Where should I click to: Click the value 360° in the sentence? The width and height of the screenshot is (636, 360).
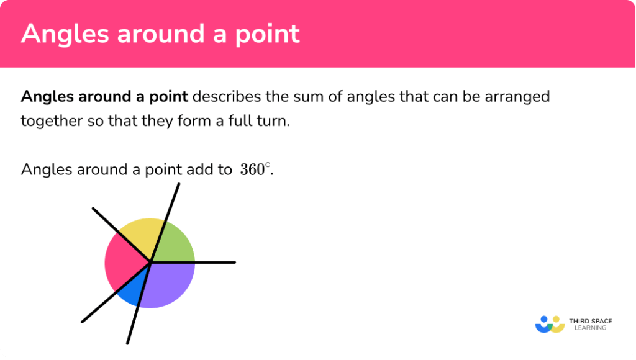(x=255, y=169)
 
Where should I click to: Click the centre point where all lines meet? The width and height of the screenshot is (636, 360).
(x=150, y=263)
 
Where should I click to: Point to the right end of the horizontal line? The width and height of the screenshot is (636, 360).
(x=234, y=262)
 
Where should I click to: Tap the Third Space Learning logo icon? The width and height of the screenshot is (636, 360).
(x=549, y=323)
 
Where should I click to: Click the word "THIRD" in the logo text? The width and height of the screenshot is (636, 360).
(x=579, y=320)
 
